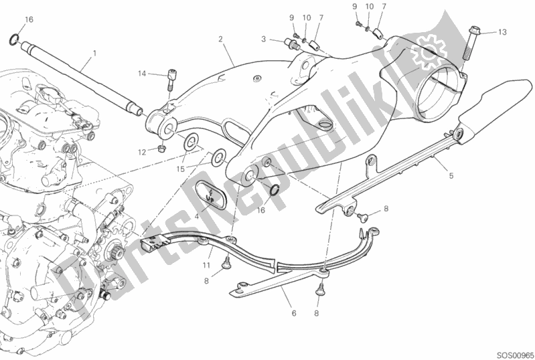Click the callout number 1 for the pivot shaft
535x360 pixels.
pos(94,54)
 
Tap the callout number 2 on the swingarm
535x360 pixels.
pos(220,39)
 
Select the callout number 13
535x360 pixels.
pos(502,32)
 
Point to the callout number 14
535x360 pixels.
pos(142,74)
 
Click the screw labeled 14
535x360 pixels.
pos(171,80)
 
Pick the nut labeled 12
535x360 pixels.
pos(163,149)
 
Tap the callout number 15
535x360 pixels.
pos(180,169)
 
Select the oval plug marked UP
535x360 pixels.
pos(209,194)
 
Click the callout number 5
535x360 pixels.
pos(451,176)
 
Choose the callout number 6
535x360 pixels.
pos(294,313)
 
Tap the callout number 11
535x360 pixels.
pos(206,265)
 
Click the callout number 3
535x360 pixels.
pos(263,39)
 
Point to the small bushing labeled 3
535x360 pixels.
pos(290,44)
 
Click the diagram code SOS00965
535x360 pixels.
pos(514,355)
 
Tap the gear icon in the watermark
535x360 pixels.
pos(429,51)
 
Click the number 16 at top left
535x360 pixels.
pos(29,20)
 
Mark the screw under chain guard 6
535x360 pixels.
pos(320,289)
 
